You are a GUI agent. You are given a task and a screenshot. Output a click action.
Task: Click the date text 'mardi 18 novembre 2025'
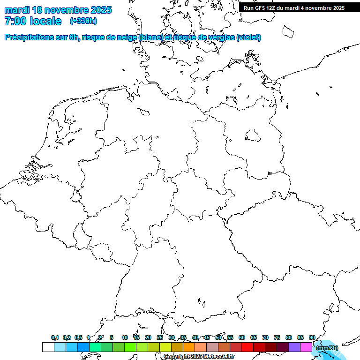[x=58, y=10]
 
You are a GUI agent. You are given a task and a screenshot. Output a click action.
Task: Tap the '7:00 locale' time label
[x=33, y=21]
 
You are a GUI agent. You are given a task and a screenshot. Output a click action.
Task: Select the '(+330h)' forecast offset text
[x=83, y=21]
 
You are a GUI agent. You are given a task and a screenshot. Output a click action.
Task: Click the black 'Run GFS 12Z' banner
[x=294, y=7]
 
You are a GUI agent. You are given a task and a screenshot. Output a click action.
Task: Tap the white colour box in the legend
[x=48, y=347]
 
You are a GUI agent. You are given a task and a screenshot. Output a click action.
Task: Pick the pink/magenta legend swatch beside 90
[x=306, y=347]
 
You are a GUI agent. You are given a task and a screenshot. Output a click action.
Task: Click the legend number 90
[x=312, y=337]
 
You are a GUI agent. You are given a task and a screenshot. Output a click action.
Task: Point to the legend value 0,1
[x=55, y=337]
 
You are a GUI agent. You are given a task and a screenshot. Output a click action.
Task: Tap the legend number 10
[x=125, y=337]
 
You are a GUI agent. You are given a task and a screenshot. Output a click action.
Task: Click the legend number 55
[x=230, y=337]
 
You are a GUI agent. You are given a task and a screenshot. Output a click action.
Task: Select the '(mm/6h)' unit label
[x=327, y=348]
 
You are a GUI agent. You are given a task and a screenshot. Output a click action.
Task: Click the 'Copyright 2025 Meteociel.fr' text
[x=199, y=357]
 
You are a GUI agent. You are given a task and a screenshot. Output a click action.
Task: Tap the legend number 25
[x=160, y=337]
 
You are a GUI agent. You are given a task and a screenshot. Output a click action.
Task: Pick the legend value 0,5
[x=78, y=337]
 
